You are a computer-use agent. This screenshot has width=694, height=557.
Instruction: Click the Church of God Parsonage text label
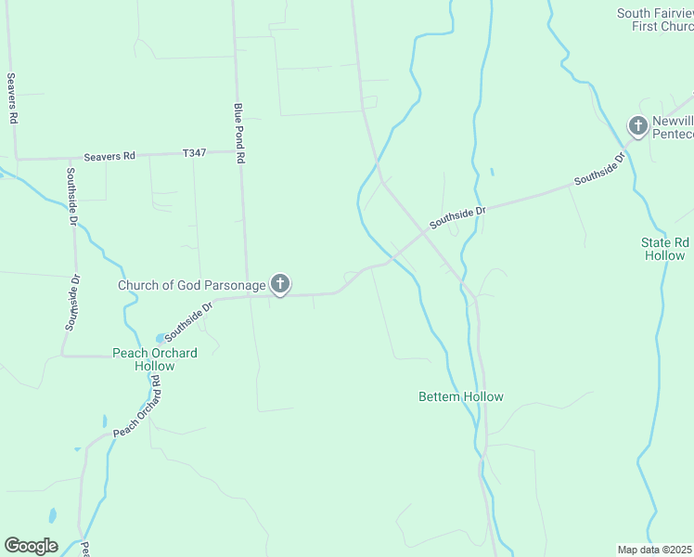pos(191,285)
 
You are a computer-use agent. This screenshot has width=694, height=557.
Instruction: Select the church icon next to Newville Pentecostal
pos(637,125)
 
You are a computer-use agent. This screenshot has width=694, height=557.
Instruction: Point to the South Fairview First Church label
pos(655,19)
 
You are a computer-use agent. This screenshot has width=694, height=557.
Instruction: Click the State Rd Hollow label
pos(665,249)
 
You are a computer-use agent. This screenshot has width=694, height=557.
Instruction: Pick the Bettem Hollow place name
pos(461,396)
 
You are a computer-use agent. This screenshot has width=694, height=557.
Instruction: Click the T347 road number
pos(194,152)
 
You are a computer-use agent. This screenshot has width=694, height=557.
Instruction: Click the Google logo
pos(31,546)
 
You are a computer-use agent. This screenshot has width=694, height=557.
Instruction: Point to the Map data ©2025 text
pos(655,549)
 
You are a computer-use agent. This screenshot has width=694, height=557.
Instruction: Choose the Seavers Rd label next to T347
pos(109,156)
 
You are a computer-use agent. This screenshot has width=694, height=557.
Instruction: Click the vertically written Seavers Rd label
pos(12,99)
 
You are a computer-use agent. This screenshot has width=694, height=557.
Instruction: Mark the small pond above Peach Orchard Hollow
pos(161,337)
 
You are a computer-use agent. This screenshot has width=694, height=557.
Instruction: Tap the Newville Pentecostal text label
pos(673,127)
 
